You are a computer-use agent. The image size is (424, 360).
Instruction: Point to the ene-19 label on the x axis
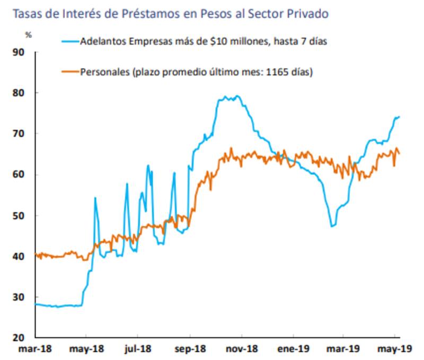[x=293, y=350]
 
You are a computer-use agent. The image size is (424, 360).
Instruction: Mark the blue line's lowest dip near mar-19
[x=332, y=226]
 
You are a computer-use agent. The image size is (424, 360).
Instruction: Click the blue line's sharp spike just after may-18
[x=95, y=198]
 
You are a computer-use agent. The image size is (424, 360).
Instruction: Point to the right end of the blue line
[x=399, y=116]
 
